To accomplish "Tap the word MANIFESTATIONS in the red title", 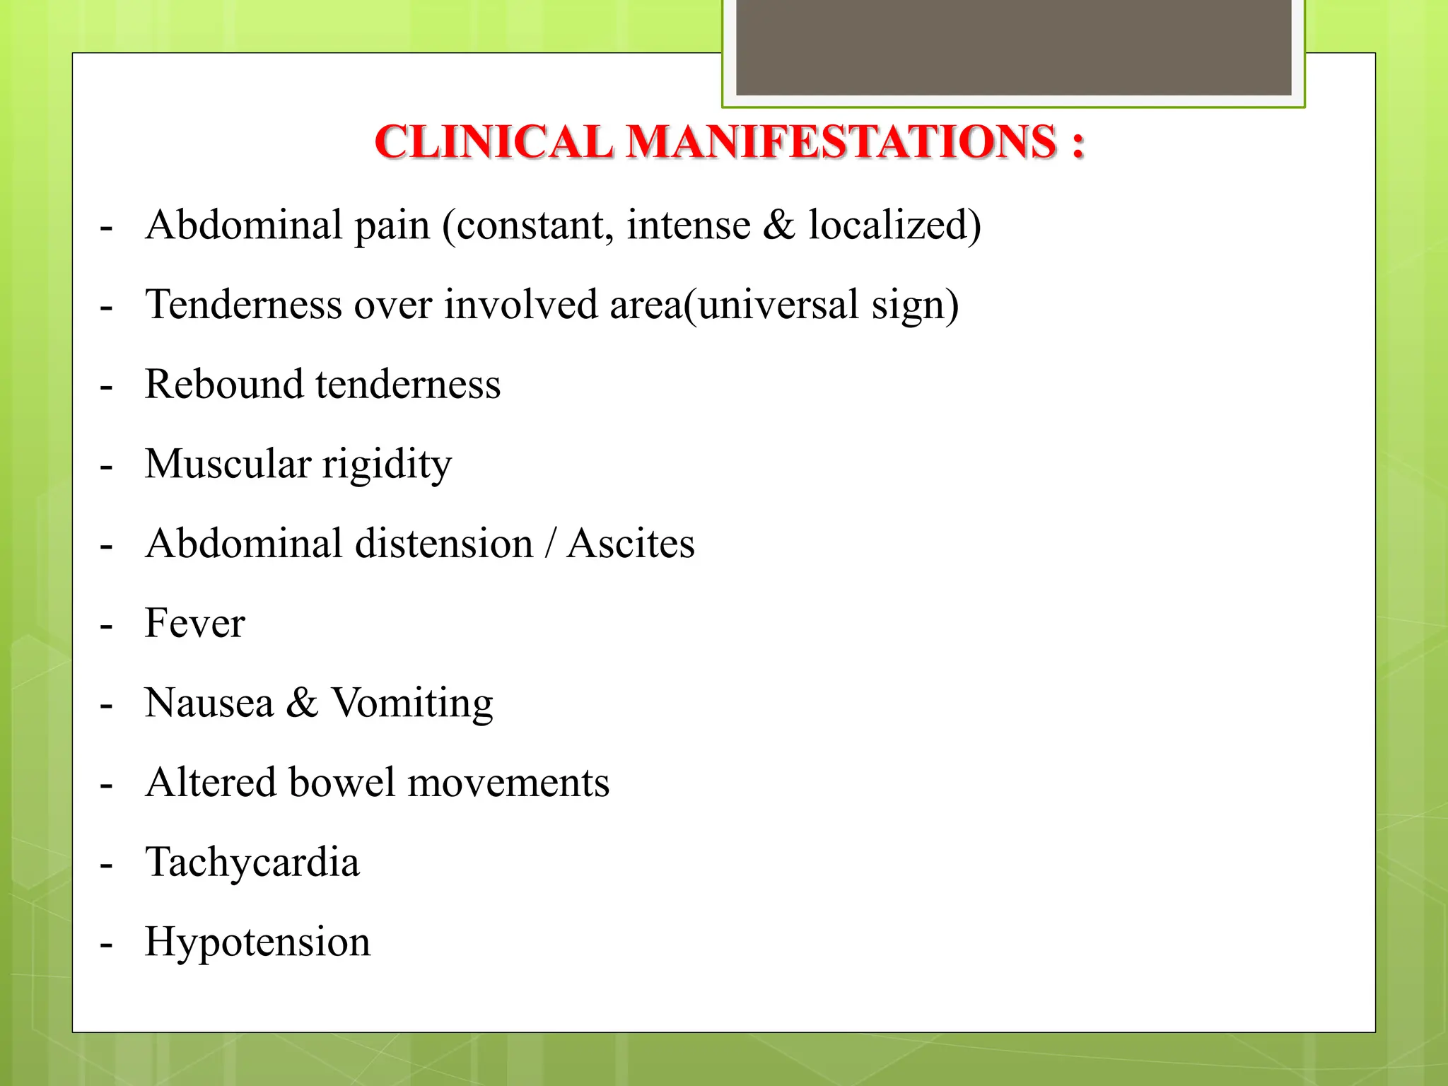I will coord(842,142).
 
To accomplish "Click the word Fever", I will coord(194,624).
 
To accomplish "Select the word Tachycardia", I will coord(252,863).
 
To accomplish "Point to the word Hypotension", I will coord(257,942).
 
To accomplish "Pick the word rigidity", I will coord(387,465).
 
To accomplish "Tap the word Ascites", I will coord(631,544).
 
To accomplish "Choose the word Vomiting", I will coord(412,703).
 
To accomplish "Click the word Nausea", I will coord(209,703).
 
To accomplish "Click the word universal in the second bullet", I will coord(778,305).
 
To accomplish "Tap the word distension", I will coord(444,544).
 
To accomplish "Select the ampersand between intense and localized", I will coord(779,226).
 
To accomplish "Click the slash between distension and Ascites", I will coord(549,544).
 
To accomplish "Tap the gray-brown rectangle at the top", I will coord(1013,47).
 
